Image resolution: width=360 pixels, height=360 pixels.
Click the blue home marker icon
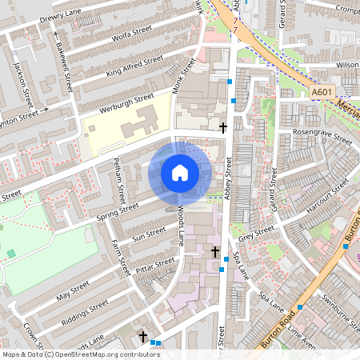click(x=180, y=172)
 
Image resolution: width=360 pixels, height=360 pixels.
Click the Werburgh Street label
click(x=126, y=102)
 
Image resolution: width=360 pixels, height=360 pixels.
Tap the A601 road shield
click(x=322, y=93)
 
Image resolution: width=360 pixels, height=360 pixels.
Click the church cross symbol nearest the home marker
click(x=223, y=127)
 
